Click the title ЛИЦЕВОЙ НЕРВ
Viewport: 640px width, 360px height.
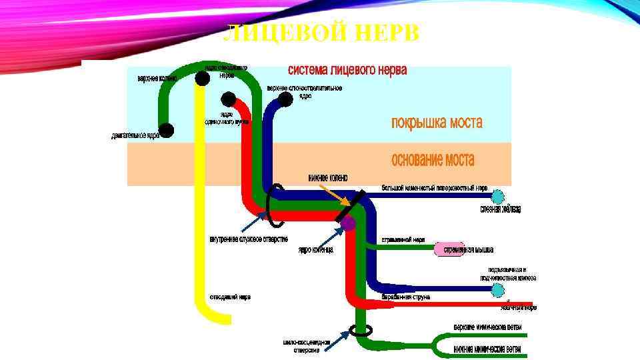320,33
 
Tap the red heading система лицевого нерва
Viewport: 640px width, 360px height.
347,70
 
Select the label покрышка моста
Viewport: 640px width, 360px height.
436,123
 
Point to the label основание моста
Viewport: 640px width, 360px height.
433,161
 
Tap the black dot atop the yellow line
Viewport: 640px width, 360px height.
201,79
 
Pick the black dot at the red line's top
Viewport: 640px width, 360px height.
229,99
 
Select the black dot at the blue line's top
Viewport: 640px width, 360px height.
285,99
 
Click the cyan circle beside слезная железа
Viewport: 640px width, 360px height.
497,196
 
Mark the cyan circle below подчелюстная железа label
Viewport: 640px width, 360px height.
497,290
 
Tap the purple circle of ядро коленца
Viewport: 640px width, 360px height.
348,223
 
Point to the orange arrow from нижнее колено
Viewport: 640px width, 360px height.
336,195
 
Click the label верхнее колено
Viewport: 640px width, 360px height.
157,79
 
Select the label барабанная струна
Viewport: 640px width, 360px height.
405,297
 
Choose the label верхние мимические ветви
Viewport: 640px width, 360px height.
487,327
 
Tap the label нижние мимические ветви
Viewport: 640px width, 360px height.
487,349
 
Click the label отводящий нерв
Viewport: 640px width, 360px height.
231,297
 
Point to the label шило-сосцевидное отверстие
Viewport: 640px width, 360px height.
306,345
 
